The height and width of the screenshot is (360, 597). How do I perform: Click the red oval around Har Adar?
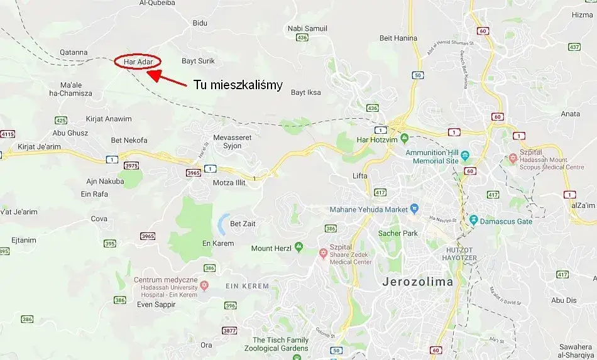(138, 62)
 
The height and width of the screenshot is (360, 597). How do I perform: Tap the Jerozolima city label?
(417, 282)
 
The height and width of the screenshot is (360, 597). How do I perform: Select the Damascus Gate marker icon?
(473, 221)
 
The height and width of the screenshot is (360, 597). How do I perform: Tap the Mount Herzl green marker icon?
(298, 248)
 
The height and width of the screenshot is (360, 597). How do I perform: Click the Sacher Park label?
(398, 233)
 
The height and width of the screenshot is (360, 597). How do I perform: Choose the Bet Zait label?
(244, 223)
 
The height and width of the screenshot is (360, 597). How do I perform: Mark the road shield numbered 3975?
(131, 165)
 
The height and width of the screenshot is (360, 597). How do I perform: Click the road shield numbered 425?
(61, 120)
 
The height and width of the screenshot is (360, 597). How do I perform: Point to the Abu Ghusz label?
(70, 133)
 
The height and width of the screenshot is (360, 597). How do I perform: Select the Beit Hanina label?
(398, 38)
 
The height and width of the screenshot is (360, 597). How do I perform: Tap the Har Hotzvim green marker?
(403, 139)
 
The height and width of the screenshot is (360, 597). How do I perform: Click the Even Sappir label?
(156, 305)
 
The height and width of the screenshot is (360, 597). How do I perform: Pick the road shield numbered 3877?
(229, 330)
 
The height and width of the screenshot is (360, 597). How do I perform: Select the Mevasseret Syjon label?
(227, 141)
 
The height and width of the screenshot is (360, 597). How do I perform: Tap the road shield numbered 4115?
(8, 134)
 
